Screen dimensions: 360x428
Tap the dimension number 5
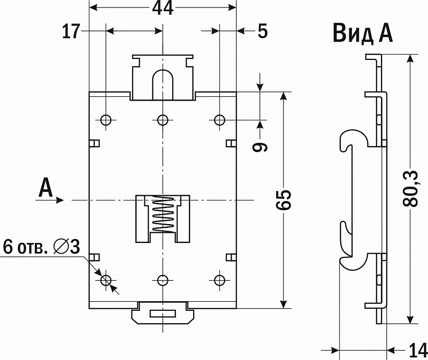[x=262, y=32]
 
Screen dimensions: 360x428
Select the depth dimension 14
[x=418, y=351]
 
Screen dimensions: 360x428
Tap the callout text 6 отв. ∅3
[x=42, y=247]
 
